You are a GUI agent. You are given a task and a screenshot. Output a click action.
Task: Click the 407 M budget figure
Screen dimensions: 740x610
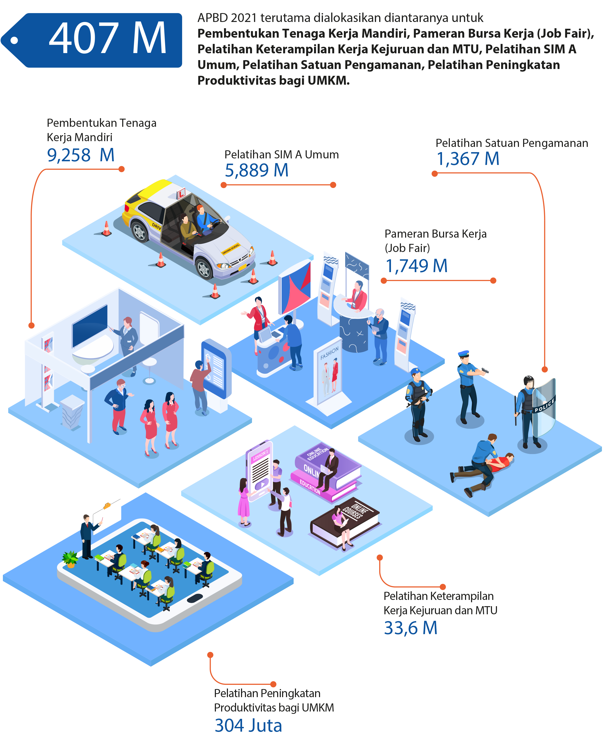pyautogui.click(x=107, y=38)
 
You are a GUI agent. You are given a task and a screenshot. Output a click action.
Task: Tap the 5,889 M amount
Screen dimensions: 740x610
pyautogui.click(x=256, y=171)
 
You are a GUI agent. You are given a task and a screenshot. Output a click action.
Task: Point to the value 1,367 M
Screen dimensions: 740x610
pyautogui.click(x=467, y=159)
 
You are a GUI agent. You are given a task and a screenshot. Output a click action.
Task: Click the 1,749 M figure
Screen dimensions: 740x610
pyautogui.click(x=416, y=266)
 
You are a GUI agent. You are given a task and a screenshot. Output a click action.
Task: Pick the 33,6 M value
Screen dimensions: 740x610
pyautogui.click(x=410, y=628)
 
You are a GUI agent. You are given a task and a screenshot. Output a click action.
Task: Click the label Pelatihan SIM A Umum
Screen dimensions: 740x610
pyautogui.click(x=282, y=155)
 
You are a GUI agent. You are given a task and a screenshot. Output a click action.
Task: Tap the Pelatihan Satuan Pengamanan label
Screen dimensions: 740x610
pyautogui.click(x=512, y=143)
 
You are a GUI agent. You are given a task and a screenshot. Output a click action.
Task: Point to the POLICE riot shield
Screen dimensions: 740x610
pyautogui.click(x=544, y=407)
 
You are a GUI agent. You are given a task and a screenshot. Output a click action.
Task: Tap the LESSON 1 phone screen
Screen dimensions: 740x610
pyautogui.click(x=260, y=471)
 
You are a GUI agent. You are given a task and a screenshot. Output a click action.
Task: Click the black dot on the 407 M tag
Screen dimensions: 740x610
pyautogui.click(x=14, y=40)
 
